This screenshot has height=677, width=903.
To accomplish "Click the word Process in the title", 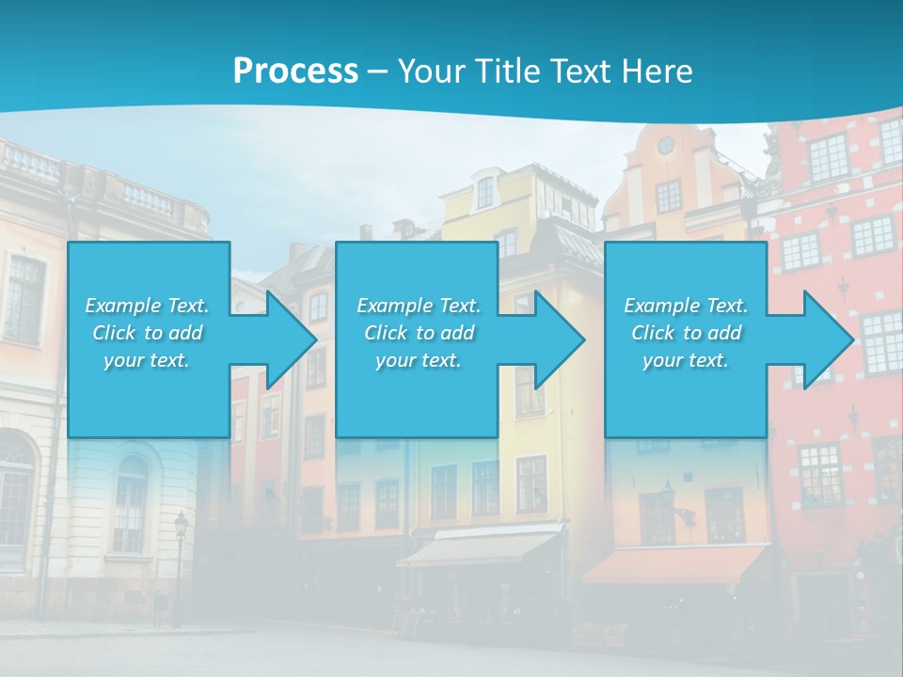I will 295,71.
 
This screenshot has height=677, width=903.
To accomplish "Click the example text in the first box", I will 148,333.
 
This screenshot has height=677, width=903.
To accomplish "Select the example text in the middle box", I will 419,333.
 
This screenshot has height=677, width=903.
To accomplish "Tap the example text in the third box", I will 686,333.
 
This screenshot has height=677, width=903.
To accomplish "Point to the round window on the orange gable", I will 665,145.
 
